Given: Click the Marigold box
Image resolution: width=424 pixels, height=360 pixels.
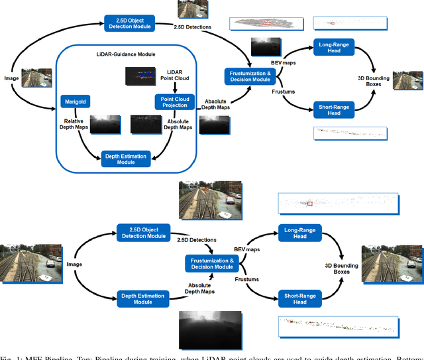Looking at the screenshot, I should coord(73,101).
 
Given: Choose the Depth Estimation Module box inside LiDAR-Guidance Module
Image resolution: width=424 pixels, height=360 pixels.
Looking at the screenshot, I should coord(125,157).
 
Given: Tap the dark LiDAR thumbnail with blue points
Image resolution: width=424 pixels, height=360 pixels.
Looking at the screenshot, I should coord(144,78).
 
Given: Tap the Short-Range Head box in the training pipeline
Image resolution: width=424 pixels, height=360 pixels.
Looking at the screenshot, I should coord(335,109).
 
